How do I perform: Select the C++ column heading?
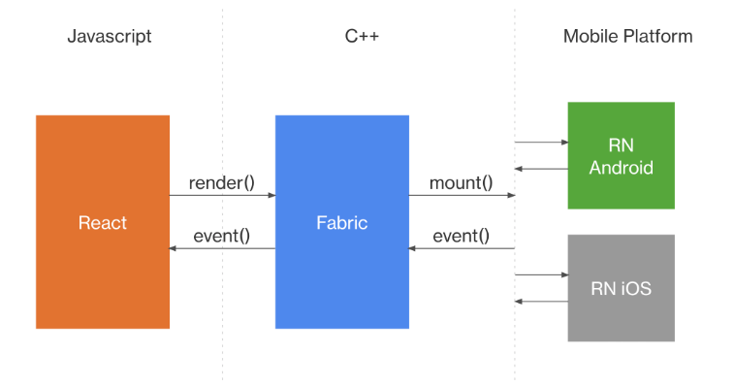pyautogui.click(x=362, y=37)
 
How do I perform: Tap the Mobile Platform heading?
pyautogui.click(x=627, y=37)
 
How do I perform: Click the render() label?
pyautogui.click(x=221, y=182)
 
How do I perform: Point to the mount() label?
pyautogui.click(x=461, y=182)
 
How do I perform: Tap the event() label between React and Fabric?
pyautogui.click(x=221, y=236)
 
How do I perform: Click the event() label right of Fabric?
pyautogui.click(x=461, y=236)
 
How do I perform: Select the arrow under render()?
pyautogui.click(x=222, y=196)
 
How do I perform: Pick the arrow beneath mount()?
pyautogui.click(x=461, y=196)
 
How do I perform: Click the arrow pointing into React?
pyautogui.click(x=222, y=249)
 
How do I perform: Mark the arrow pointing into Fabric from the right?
pyautogui.click(x=461, y=249)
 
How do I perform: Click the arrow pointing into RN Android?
pyautogui.click(x=541, y=143)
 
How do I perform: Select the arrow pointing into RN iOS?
pyautogui.click(x=541, y=274)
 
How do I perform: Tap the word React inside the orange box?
pyautogui.click(x=103, y=223)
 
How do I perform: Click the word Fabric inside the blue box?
pyautogui.click(x=341, y=223)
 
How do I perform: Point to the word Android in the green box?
pyautogui.click(x=621, y=167)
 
